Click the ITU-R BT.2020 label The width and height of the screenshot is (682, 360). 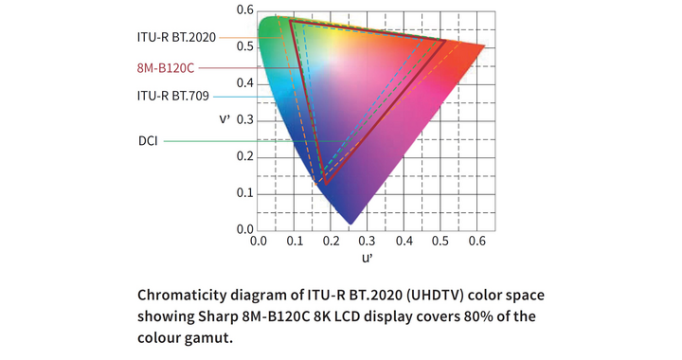tap(177, 38)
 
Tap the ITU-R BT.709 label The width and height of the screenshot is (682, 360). tap(173, 96)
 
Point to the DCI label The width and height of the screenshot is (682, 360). tap(148, 141)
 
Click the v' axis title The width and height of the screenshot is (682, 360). tap(224, 119)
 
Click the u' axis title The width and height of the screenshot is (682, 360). tap(368, 257)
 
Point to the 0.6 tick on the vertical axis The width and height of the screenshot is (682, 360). tap(244, 10)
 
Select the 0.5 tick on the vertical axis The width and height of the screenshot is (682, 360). tap(244, 46)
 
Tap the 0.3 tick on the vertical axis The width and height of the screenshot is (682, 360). tap(244, 119)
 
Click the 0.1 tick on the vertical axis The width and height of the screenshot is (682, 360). tap(244, 193)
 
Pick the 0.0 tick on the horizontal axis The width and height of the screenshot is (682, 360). tap(258, 242)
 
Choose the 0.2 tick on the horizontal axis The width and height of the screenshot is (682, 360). tap(331, 242)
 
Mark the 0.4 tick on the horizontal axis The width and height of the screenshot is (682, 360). tap(404, 242)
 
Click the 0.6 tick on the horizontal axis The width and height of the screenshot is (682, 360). tap(476, 242)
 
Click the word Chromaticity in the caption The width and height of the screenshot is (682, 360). tap(188, 294)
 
